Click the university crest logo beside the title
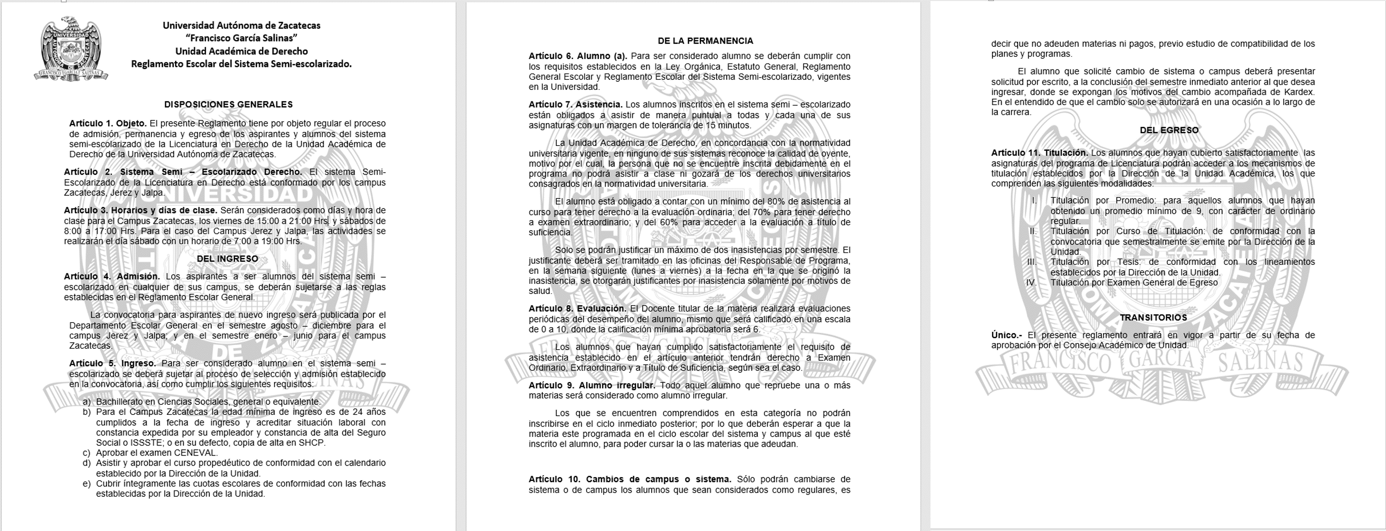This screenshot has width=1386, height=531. [x=71, y=49]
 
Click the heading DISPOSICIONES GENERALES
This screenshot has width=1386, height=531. [x=228, y=104]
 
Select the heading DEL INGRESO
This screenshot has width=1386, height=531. [x=227, y=258]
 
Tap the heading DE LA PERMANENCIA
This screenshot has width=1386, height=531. [x=705, y=41]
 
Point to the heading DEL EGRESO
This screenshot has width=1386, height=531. [x=1169, y=130]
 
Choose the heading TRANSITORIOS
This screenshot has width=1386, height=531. [x=1153, y=318]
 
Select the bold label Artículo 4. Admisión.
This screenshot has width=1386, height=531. [x=111, y=276]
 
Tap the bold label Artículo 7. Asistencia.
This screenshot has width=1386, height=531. [x=575, y=104]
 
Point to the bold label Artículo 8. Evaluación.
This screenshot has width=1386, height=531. [x=577, y=308]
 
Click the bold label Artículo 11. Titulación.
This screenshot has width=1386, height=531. [x=1039, y=153]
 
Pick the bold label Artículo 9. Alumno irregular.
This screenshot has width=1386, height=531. [x=591, y=385]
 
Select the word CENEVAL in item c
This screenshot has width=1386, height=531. [x=195, y=452]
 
